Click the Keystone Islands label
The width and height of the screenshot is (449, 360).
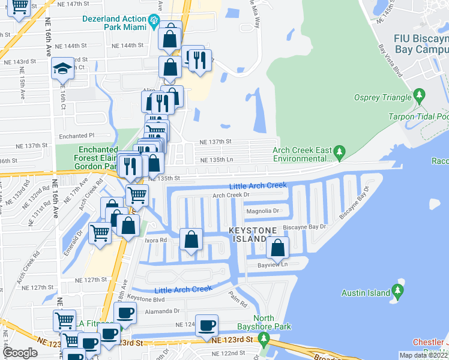[x=246, y=235]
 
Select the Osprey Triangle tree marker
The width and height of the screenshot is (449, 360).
[x=419, y=96]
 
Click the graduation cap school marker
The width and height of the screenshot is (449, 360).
[x=62, y=69]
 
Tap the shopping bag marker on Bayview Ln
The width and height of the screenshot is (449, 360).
[x=278, y=247]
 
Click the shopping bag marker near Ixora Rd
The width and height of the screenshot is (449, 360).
[x=191, y=239]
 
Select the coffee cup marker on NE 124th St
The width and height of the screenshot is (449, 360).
[x=207, y=325]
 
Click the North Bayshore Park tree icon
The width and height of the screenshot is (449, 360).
[x=264, y=340]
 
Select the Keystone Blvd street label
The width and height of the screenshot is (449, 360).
[x=146, y=299]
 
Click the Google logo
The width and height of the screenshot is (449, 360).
[x=20, y=353]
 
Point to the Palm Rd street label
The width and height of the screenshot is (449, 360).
[x=238, y=298]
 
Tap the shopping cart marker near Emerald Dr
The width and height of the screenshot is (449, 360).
[x=100, y=232]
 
